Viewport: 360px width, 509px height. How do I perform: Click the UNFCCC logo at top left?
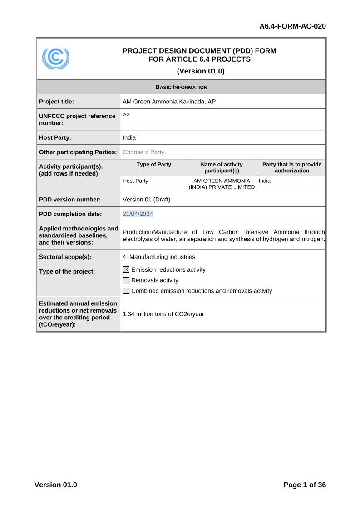56,59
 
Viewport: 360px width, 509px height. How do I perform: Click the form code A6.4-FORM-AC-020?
292,26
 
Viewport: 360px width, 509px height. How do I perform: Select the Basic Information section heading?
181,87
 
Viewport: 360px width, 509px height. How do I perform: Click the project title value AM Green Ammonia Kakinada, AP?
169,102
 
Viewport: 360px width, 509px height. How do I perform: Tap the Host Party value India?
129,137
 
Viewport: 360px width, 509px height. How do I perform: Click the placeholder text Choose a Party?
144,152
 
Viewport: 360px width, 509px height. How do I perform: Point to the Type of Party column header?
153,165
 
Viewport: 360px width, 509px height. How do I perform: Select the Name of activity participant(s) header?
222,167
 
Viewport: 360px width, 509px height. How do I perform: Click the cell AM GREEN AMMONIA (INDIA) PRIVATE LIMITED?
222,184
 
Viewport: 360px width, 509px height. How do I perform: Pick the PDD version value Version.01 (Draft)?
146,200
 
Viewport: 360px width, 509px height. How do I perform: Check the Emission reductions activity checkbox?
126,270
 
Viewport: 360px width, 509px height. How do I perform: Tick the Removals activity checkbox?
126,280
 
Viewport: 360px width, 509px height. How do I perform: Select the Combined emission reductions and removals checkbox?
126,291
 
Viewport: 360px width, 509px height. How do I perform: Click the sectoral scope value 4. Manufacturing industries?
159,257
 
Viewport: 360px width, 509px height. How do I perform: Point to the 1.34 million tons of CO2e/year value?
163,314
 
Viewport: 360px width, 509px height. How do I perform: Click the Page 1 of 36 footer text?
305,485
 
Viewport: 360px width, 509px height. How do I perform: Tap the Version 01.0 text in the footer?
55,485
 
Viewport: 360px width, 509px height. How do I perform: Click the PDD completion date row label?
70,214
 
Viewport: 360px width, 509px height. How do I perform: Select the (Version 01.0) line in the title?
200,71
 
